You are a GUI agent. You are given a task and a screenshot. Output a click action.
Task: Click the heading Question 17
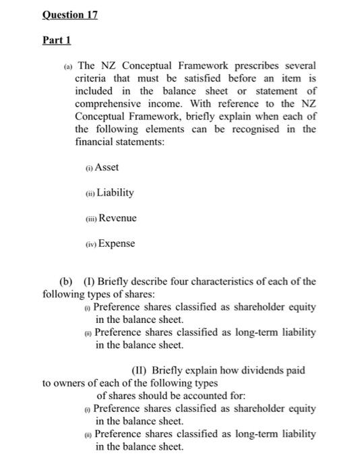(x=70, y=15)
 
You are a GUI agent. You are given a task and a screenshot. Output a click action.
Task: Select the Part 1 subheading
(x=56, y=40)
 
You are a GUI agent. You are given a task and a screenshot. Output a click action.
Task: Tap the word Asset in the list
(x=107, y=167)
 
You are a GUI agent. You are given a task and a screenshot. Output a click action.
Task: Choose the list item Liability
(x=116, y=192)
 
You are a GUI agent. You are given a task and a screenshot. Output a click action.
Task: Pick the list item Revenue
(x=117, y=218)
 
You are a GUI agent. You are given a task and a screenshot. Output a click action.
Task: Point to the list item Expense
(x=117, y=243)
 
